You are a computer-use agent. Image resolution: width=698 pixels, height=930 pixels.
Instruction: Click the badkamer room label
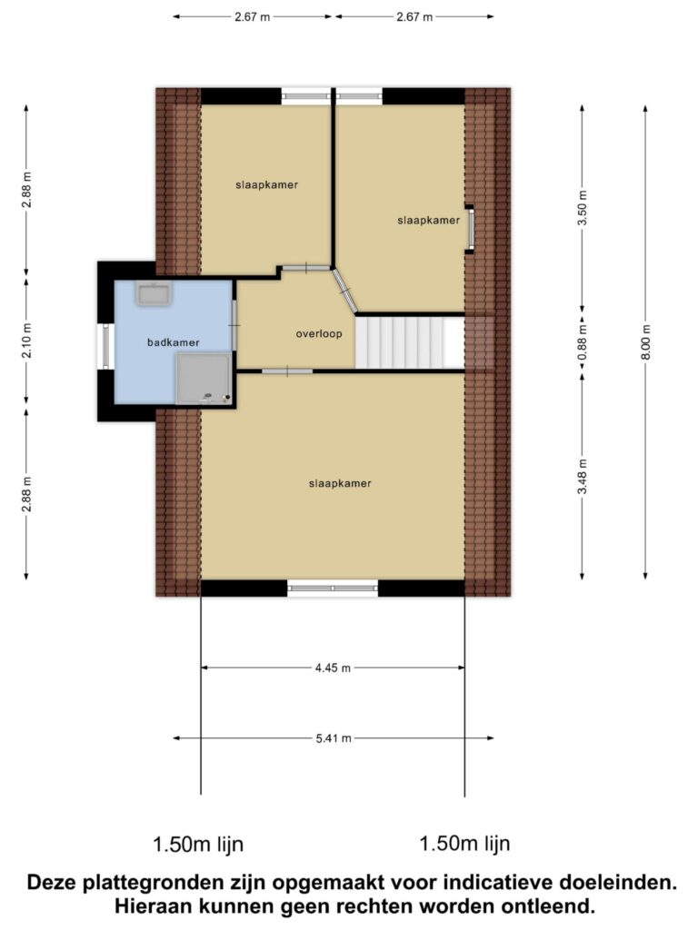[x=174, y=342]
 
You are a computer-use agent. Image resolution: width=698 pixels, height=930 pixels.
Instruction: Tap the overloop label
[x=319, y=334]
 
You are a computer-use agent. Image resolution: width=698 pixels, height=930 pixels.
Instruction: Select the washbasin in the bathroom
[x=154, y=293]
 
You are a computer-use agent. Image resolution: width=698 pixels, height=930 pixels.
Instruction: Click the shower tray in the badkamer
[x=203, y=379]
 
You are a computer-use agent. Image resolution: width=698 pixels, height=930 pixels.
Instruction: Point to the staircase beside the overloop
[x=410, y=342]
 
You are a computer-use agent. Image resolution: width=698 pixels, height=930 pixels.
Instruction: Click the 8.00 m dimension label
[x=646, y=342]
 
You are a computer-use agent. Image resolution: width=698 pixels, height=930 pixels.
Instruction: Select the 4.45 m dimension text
[x=333, y=668]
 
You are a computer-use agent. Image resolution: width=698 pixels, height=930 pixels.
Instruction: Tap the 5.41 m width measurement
[x=334, y=738]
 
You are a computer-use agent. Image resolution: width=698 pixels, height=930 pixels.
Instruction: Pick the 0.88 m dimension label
[x=583, y=341]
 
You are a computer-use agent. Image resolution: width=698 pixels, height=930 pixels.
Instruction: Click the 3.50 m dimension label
[x=583, y=208]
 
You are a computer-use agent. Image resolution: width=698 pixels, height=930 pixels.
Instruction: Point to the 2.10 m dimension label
[x=26, y=342]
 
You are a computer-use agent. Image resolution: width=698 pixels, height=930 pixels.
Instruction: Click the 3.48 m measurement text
[x=583, y=476]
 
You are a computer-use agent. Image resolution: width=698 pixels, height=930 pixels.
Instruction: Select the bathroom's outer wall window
[x=105, y=346]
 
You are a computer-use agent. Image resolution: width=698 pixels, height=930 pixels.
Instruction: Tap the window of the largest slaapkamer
[x=333, y=588]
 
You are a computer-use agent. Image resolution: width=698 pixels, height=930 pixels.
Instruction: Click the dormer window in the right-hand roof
[x=470, y=230]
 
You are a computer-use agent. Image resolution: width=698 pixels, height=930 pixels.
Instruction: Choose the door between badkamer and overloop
[x=235, y=325]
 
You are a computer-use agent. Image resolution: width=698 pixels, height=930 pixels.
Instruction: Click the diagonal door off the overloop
[x=344, y=290]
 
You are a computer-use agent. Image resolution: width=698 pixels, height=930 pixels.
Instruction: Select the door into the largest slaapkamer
[x=287, y=371]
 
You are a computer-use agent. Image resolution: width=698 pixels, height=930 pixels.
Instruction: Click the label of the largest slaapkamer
[x=340, y=483]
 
